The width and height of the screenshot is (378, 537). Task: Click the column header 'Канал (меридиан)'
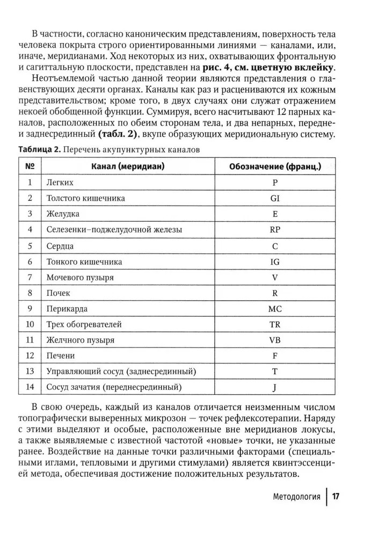point(128,166)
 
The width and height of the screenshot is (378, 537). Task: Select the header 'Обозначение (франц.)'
point(275,166)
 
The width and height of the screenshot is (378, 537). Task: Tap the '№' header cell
point(30,166)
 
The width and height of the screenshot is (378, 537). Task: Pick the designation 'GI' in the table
point(275,198)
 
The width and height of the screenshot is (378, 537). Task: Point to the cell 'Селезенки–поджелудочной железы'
point(114,229)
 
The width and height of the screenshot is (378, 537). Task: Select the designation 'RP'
point(275,229)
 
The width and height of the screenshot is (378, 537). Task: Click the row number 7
point(30,277)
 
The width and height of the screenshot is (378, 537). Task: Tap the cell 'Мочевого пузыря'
point(80,277)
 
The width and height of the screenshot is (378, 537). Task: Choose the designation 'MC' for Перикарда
point(275,309)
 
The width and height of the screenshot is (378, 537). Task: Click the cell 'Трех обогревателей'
point(84,324)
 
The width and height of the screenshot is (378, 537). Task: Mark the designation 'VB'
point(275,340)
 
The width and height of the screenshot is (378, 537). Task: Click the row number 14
point(30,387)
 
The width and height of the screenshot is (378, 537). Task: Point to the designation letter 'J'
point(275,387)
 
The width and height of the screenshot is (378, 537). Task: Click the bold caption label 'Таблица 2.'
point(42,150)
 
